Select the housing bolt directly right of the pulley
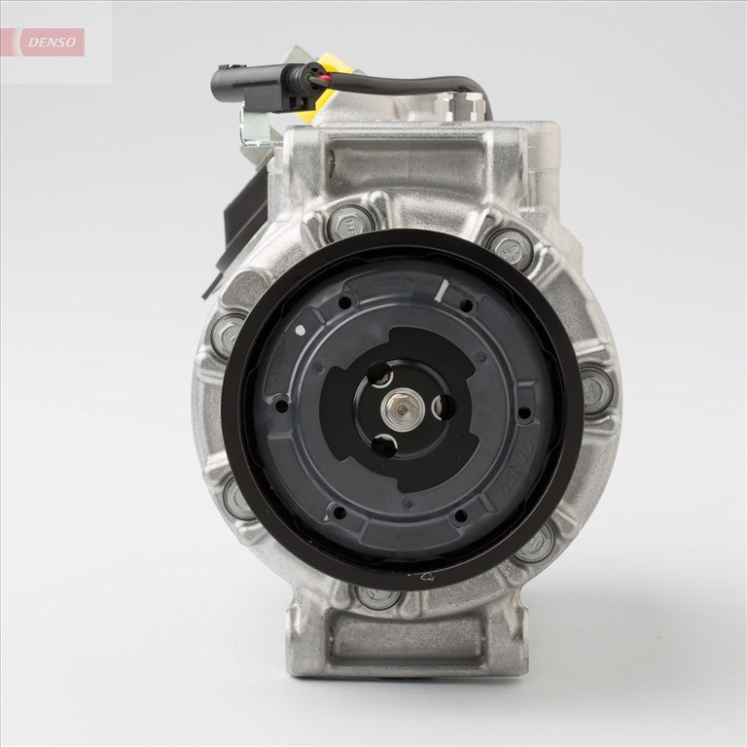click(595, 388)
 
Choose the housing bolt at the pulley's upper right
click(510, 249)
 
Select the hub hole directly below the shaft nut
click(386, 446)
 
